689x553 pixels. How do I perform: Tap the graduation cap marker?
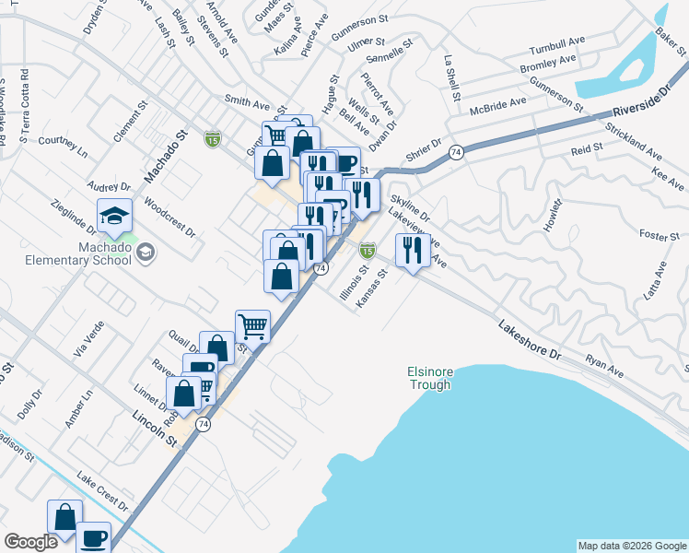[115, 217]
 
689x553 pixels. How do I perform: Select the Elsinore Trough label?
[430, 378]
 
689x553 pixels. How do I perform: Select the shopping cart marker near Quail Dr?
[253, 325]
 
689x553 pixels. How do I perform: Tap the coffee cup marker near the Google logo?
[93, 537]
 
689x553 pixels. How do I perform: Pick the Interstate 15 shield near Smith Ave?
[213, 139]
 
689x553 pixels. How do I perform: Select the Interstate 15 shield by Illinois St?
[368, 250]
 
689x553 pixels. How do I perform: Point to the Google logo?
[30, 542]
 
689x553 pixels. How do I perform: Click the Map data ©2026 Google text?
[632, 546]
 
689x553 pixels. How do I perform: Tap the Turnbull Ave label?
[557, 49]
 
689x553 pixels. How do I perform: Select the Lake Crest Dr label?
[102, 492]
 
